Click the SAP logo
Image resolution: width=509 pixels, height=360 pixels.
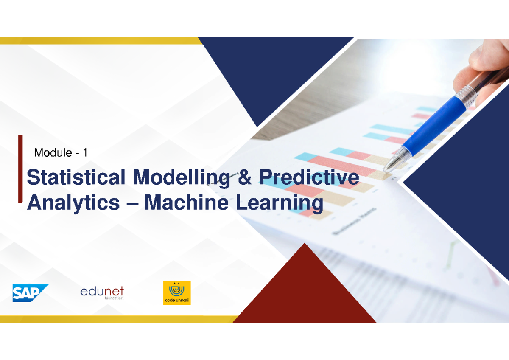[x=30, y=293]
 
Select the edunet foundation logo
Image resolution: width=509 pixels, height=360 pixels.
[x=102, y=292]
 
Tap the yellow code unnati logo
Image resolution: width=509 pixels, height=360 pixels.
[x=177, y=293]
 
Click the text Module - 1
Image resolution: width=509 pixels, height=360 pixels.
[x=61, y=153]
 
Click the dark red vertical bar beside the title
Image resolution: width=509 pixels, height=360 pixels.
[x=20, y=168]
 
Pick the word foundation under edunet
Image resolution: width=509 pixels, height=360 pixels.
[x=113, y=298]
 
